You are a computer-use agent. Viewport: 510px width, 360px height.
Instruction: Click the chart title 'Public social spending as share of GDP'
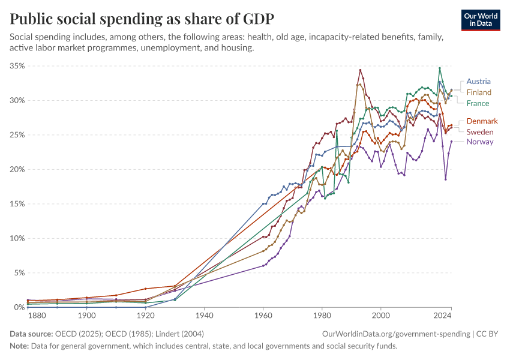click(142, 19)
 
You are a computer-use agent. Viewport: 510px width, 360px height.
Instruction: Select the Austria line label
click(478, 81)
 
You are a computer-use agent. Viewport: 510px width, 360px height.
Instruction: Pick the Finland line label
click(479, 92)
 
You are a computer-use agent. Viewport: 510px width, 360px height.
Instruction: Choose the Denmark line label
click(482, 121)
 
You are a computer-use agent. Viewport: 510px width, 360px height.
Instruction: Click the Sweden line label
click(480, 131)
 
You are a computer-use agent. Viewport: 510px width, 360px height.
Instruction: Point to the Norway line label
click(480, 142)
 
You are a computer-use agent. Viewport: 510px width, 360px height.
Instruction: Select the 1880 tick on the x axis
click(37, 315)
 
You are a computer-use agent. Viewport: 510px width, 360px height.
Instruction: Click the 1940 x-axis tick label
click(205, 315)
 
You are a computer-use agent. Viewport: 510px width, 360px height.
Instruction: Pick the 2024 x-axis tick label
click(442, 315)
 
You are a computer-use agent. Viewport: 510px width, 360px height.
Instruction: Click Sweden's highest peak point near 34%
click(360, 70)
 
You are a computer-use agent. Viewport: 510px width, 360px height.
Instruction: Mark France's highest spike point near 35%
click(440, 68)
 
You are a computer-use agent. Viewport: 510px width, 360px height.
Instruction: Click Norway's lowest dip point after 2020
click(446, 179)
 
